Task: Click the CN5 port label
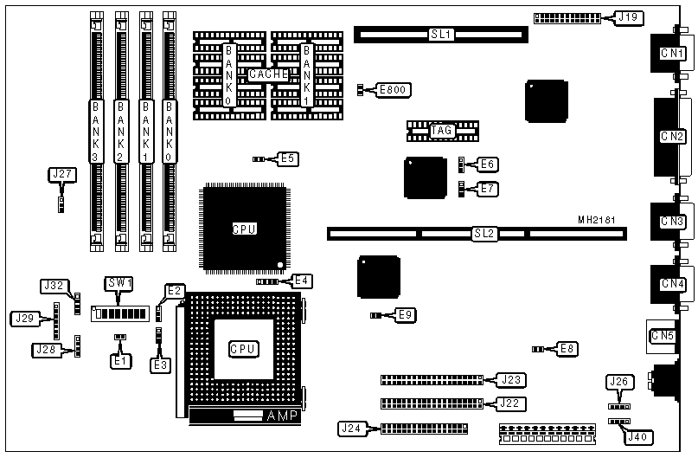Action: [x=663, y=335]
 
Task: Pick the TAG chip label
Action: [x=441, y=131]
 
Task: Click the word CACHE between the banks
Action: [x=267, y=74]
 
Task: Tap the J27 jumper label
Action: [x=62, y=174]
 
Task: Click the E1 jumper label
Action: [x=121, y=359]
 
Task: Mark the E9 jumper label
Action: [x=406, y=314]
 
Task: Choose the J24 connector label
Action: [x=351, y=428]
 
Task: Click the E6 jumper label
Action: [x=488, y=164]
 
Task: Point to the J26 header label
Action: [x=618, y=381]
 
